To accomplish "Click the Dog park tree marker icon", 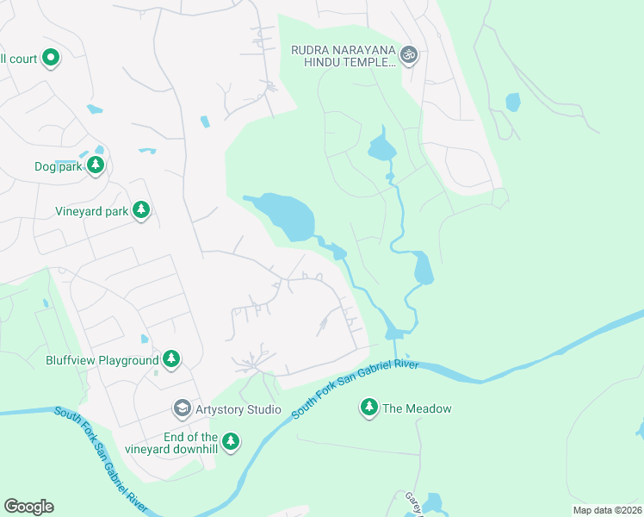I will (96, 165).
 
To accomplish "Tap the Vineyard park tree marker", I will (141, 210).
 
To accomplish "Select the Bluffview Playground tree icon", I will (171, 359).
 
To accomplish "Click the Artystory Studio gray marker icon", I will (182, 408).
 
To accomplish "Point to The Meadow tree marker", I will (369, 408).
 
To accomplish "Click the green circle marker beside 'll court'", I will (50, 58).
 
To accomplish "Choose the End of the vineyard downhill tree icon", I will (230, 442).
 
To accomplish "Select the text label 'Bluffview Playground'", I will (102, 360).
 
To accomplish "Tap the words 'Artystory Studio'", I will (238, 408).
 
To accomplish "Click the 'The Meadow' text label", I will (417, 408).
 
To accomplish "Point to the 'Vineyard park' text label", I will (91, 211).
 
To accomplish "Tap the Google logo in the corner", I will (28, 507).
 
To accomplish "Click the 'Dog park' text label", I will (58, 166).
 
